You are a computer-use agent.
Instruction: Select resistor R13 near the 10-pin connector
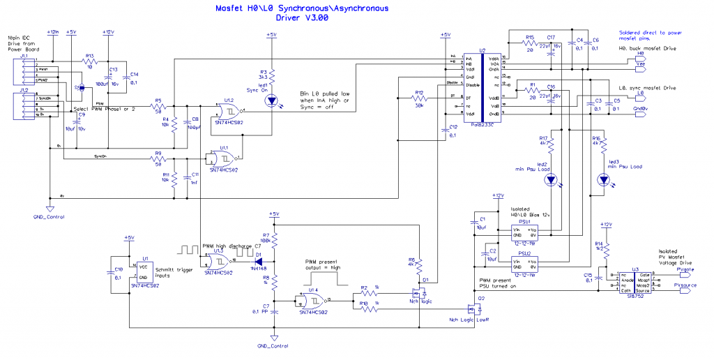pyautogui.click(x=89, y=61)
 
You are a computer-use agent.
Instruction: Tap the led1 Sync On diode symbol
pyautogui.click(x=272, y=100)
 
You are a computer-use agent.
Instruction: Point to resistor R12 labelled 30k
pyautogui.click(x=420, y=100)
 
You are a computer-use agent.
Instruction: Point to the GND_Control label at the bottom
pyautogui.click(x=273, y=346)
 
